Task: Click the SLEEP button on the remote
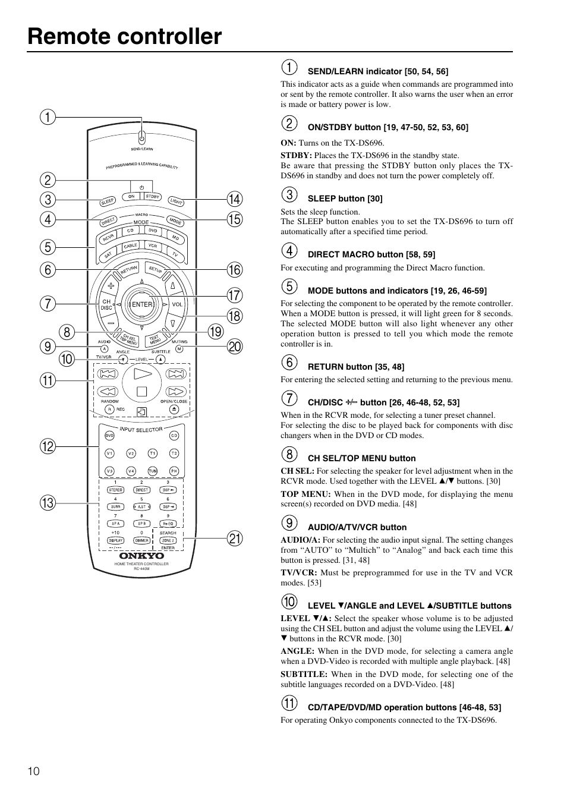click(108, 201)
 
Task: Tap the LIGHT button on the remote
click(176, 201)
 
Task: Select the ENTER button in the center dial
click(141, 304)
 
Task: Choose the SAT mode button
click(108, 254)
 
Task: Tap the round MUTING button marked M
click(179, 349)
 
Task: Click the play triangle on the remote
click(141, 374)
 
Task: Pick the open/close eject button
click(174, 410)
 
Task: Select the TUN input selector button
click(153, 471)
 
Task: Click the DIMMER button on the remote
click(141, 540)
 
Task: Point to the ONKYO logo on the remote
click(141, 556)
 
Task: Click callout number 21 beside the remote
click(235, 539)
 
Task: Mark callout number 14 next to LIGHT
click(235, 199)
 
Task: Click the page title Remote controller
click(125, 37)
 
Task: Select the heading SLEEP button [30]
click(345, 199)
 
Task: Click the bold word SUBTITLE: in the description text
click(304, 674)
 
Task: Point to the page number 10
click(33, 771)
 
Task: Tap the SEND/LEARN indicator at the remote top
click(141, 135)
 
